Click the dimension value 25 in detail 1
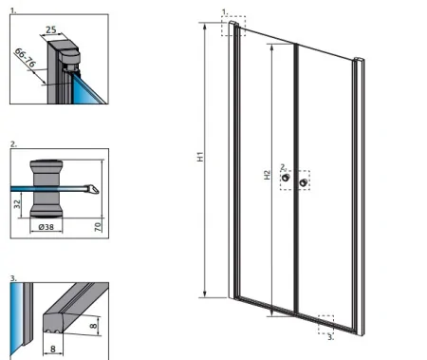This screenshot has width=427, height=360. (51, 29)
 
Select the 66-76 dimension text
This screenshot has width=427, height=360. (25, 57)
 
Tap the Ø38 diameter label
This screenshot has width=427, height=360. (46, 227)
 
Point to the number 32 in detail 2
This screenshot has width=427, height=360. (17, 203)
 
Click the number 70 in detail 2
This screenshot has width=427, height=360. (98, 227)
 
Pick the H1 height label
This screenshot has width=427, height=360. (200, 157)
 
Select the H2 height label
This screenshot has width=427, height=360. (268, 175)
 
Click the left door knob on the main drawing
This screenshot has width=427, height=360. (287, 178)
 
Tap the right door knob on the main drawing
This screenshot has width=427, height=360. (303, 182)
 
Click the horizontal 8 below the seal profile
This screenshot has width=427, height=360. (53, 349)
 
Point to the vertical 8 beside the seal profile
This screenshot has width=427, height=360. (94, 326)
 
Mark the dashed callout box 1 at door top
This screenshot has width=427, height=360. (233, 26)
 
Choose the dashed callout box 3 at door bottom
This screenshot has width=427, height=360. (325, 325)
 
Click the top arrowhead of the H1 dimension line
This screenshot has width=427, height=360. (205, 26)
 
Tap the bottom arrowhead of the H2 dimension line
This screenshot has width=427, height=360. (271, 313)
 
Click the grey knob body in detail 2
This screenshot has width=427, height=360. (46, 189)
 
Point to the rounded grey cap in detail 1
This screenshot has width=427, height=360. (69, 57)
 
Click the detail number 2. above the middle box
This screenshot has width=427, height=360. (13, 144)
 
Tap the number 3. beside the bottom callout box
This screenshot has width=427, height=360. (330, 337)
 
